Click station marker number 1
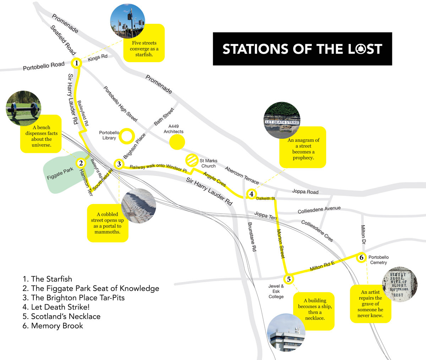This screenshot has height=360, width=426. (x=76, y=64)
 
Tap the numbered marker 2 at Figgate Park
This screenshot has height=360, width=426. (x=81, y=163)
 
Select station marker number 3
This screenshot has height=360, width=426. (x=119, y=164)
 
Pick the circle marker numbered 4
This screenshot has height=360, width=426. (x=251, y=194)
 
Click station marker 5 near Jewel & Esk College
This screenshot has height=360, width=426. (x=289, y=279)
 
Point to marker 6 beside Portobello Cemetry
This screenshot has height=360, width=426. (x=361, y=258)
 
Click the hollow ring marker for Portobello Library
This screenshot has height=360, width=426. (x=126, y=136)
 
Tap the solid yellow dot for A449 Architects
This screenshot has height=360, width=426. (x=177, y=143)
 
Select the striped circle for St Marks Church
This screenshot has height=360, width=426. (x=192, y=160)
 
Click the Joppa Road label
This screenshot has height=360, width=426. (x=305, y=192)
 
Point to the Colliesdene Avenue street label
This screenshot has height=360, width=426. (x=319, y=210)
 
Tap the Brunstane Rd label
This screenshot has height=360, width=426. (x=251, y=237)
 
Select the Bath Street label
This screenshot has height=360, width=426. (x=164, y=117)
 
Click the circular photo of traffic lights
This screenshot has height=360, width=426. (x=127, y=21)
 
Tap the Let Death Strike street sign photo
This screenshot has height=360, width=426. (x=283, y=121)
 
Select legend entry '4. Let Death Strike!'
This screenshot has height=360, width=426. (x=56, y=307)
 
